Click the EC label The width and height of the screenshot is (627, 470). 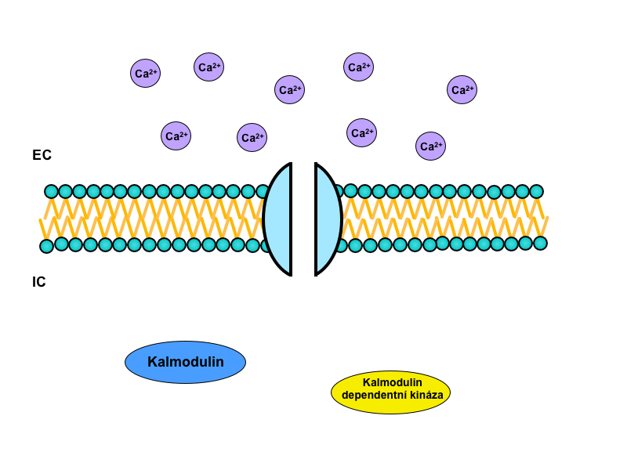(42, 155)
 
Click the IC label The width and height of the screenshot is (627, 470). (39, 282)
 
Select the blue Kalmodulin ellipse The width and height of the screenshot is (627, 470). (185, 362)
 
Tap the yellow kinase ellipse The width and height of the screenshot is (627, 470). (390, 392)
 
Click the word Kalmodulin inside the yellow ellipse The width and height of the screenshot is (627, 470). (392, 382)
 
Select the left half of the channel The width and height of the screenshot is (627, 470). (278, 219)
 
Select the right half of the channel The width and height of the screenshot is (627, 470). (328, 219)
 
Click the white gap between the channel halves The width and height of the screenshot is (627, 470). (303, 219)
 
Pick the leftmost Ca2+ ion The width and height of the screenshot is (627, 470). (145, 73)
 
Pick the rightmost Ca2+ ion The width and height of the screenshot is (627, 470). (462, 89)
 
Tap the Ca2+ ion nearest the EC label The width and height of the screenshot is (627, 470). (176, 136)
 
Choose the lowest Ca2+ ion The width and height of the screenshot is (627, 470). (430, 146)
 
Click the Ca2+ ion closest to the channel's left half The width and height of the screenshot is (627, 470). (252, 138)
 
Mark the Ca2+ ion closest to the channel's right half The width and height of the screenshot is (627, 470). (361, 132)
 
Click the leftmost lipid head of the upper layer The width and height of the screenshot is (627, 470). (52, 191)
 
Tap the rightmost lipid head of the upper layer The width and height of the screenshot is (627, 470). (536, 191)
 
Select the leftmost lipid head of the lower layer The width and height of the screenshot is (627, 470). (47, 246)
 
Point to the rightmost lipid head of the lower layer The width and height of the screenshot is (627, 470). (540, 243)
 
